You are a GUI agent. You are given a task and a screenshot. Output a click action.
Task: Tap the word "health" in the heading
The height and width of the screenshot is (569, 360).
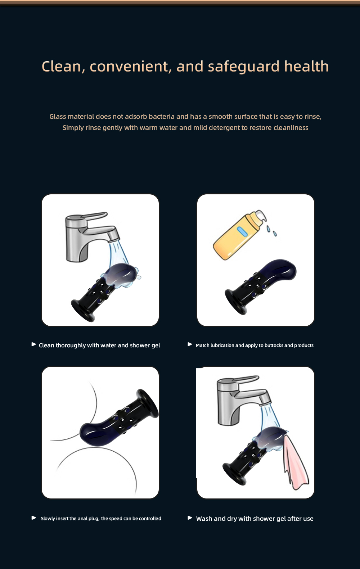pyautogui.click(x=306, y=66)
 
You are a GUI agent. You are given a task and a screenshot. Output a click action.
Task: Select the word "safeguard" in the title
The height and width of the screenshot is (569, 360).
pyautogui.click(x=243, y=67)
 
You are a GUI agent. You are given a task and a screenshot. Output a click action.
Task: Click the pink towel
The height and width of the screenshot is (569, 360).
pyautogui.click(x=295, y=462)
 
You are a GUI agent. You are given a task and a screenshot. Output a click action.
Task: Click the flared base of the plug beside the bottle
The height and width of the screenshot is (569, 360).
pyautogui.click(x=236, y=303)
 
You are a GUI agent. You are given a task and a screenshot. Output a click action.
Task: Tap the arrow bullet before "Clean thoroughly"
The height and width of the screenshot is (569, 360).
pyautogui.click(x=34, y=344)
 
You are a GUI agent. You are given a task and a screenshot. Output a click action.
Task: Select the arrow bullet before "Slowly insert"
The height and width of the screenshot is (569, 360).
pyautogui.click(x=34, y=518)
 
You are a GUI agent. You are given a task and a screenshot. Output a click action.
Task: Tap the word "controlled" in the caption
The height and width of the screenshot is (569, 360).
pyautogui.click(x=150, y=519)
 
